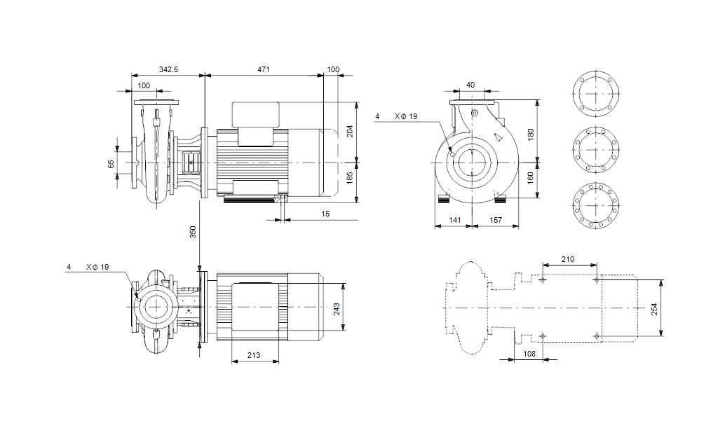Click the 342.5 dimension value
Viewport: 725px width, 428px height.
pyautogui.click(x=169, y=69)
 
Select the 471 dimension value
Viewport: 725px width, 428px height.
pyautogui.click(x=264, y=69)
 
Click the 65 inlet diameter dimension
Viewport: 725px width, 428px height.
pyautogui.click(x=111, y=164)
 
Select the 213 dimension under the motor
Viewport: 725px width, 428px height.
pyautogui.click(x=254, y=355)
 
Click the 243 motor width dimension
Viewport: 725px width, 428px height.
pyautogui.click(x=337, y=309)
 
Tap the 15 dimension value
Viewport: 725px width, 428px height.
pyautogui.click(x=325, y=214)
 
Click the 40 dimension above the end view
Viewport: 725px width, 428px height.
pyautogui.click(x=470, y=85)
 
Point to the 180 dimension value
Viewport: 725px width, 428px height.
pyautogui.click(x=531, y=133)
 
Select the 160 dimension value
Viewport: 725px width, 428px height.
pyautogui.click(x=531, y=177)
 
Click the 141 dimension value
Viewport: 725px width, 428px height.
pyautogui.click(x=454, y=220)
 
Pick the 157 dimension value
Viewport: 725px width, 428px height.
pyautogui.click(x=496, y=220)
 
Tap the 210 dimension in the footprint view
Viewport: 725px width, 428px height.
pyautogui.click(x=568, y=259)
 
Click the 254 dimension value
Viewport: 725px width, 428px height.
pyautogui.click(x=654, y=309)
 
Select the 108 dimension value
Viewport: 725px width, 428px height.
pyautogui.click(x=530, y=354)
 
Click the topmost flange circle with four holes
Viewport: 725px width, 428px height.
pyautogui.click(x=597, y=93)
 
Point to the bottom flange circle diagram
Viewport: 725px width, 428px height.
pyautogui.click(x=597, y=207)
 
